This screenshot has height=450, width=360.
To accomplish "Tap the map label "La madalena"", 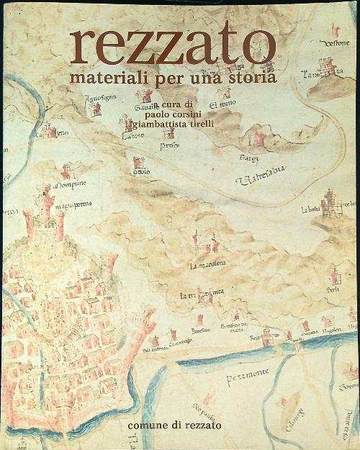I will point(208,265).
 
